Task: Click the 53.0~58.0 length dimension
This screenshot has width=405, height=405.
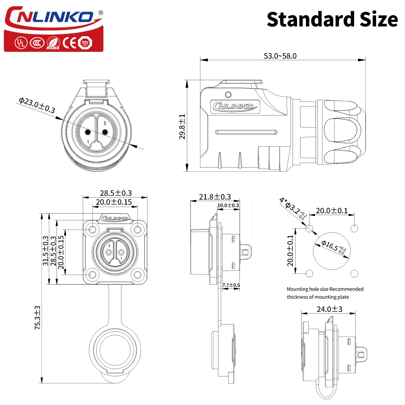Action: tap(280, 56)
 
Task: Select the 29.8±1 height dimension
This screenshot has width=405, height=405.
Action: tap(182, 126)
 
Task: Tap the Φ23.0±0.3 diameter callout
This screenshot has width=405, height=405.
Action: tap(37, 105)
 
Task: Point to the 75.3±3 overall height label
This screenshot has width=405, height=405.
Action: tap(38, 318)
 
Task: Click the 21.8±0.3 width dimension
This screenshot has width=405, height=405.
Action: tap(215, 197)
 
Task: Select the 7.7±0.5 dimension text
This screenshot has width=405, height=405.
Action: tap(231, 285)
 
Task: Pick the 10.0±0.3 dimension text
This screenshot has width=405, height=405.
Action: tap(228, 205)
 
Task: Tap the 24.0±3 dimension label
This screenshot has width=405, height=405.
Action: tap(329, 309)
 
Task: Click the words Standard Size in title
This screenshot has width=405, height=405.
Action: tap(332, 19)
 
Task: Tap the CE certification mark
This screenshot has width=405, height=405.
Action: tap(70, 43)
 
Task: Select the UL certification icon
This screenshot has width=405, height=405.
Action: tap(21, 43)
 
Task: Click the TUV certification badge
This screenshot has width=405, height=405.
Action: tap(85, 43)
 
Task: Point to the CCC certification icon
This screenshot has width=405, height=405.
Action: tap(37, 43)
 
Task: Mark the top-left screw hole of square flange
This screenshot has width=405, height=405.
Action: tap(93, 230)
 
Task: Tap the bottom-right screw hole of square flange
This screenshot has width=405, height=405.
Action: tap(138, 275)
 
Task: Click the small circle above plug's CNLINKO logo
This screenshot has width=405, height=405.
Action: tap(228, 94)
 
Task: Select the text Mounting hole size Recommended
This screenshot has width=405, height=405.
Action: tap(325, 289)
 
